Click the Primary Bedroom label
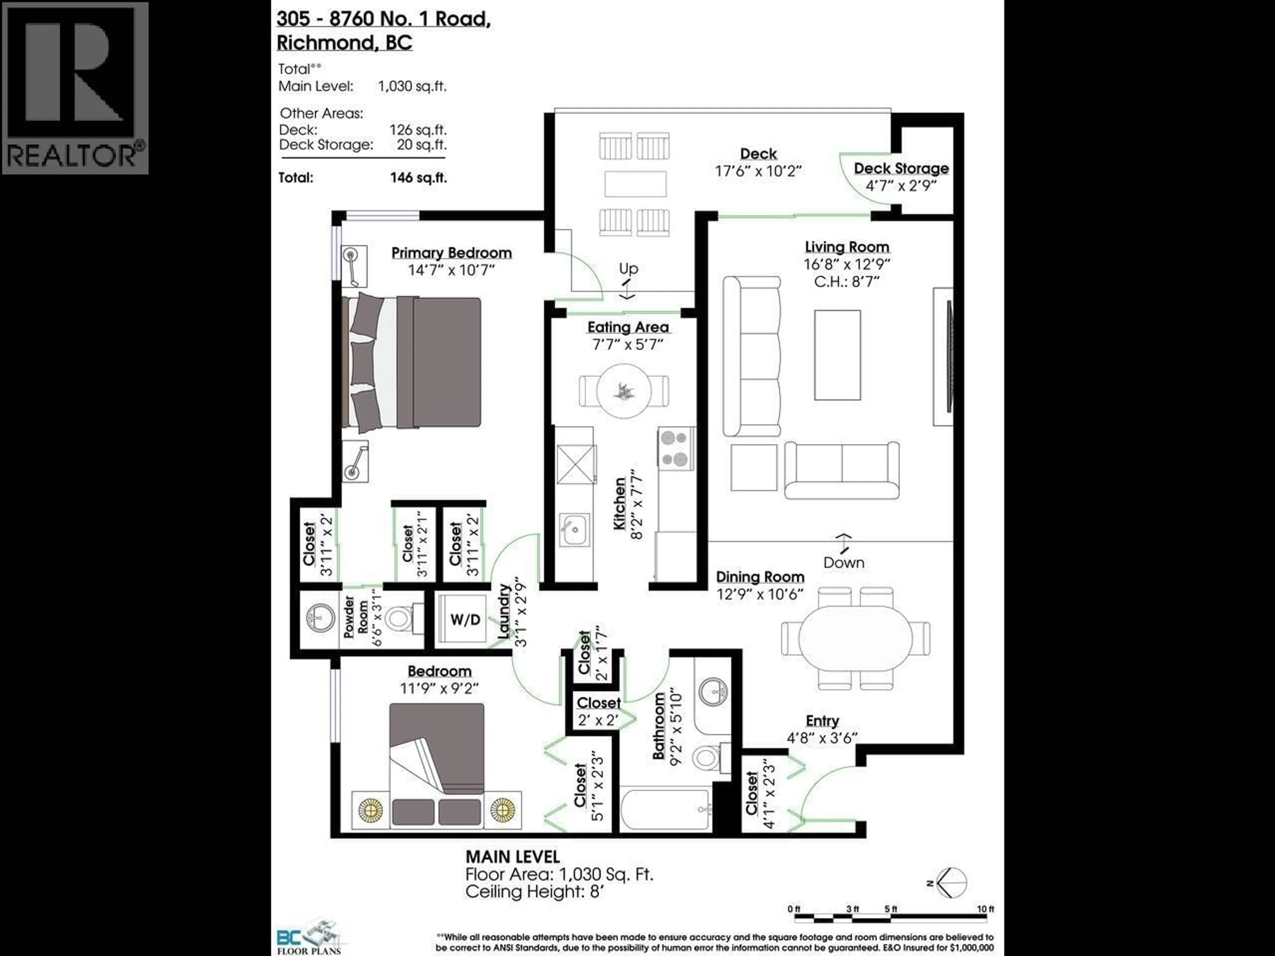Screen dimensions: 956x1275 pos(451,253)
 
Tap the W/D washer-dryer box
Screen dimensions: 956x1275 pos(465,619)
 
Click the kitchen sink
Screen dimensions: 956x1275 pos(573,529)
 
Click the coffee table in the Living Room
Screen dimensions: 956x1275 pos(837,355)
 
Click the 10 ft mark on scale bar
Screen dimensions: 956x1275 pos(985,909)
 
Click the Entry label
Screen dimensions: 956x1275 pos(822,721)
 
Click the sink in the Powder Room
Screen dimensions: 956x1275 pos(319,618)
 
